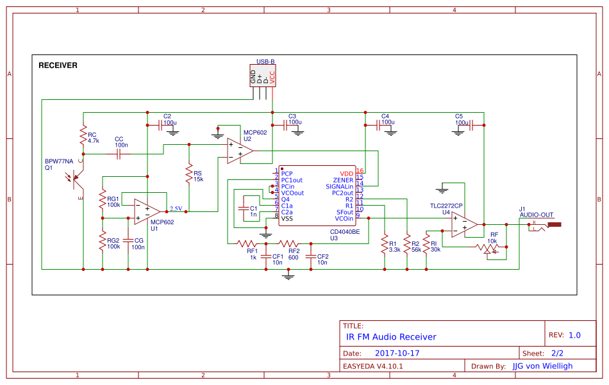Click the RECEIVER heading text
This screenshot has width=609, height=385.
point(58,65)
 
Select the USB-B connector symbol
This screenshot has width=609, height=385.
point(262,76)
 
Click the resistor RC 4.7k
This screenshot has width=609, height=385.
point(83,136)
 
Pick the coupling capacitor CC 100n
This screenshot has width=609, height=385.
point(119,154)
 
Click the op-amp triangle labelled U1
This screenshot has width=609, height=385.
point(147,212)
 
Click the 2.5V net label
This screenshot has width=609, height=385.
point(176,208)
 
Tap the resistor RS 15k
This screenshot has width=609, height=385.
point(189,175)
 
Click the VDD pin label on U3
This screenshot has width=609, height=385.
point(346,174)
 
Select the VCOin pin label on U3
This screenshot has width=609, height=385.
point(344,218)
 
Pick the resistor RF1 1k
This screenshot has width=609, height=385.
point(247,243)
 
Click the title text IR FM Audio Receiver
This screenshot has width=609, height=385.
point(390,337)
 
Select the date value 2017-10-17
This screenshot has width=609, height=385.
point(397,353)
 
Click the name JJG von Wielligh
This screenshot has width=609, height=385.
point(542,366)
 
